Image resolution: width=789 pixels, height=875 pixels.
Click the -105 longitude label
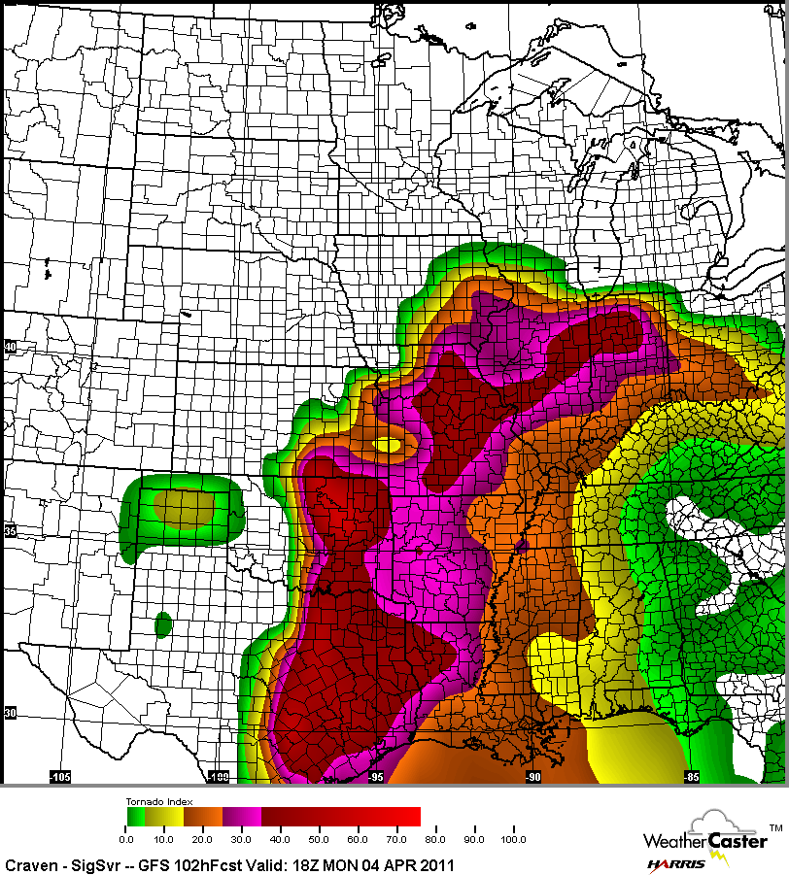point(60,777)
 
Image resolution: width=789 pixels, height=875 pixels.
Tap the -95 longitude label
point(376,777)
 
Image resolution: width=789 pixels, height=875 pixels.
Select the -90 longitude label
point(532,777)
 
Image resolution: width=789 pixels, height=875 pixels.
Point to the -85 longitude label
point(691,777)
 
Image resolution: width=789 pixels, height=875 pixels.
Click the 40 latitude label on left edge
point(11,347)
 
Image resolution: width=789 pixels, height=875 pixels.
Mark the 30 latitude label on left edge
point(11,713)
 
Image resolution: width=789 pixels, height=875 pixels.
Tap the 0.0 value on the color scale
point(126,838)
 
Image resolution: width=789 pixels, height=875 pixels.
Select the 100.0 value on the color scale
point(511,838)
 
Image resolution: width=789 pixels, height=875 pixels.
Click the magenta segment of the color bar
point(242,817)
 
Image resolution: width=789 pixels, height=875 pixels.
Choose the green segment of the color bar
point(135,817)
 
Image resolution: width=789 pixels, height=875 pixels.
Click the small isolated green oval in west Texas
point(163,623)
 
